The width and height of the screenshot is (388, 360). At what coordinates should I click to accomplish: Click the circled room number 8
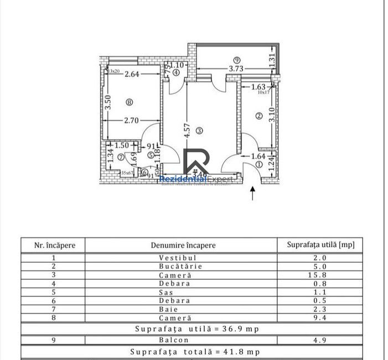point(130,101)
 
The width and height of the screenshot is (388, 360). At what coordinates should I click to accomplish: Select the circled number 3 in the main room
point(199,131)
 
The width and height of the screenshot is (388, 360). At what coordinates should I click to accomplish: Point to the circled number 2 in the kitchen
point(258,116)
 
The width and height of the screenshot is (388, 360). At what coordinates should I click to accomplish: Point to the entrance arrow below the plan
point(253,193)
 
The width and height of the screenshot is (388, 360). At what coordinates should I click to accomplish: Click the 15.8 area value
point(320,275)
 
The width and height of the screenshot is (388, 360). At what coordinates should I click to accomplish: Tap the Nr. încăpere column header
point(53,245)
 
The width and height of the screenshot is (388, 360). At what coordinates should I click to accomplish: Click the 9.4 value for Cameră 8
point(320,318)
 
